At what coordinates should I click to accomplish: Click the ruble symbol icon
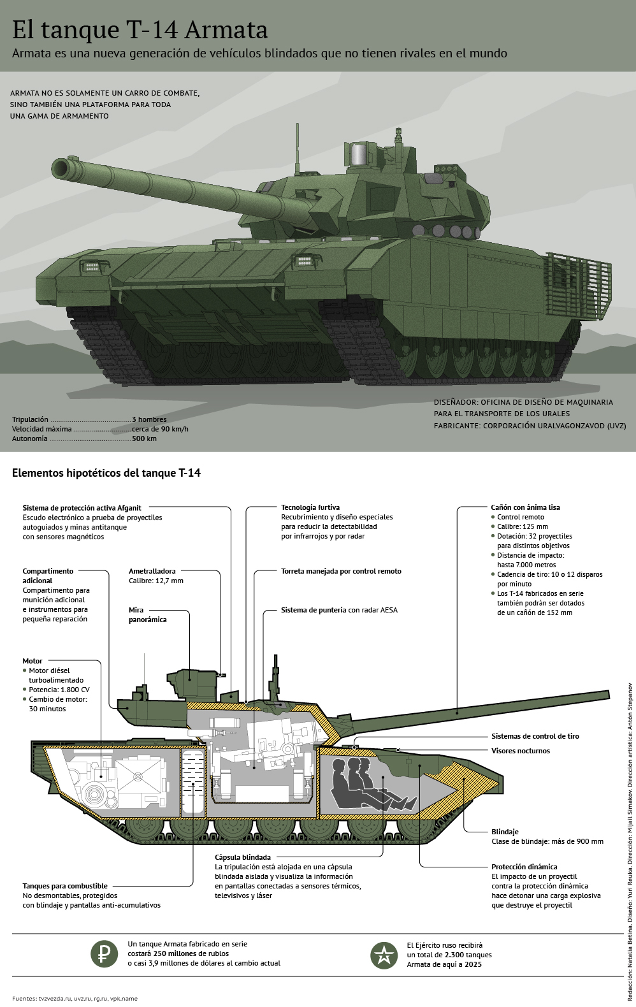coord(102,953)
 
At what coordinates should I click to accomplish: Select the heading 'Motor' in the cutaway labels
coord(33,661)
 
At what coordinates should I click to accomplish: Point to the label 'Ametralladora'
coord(152,571)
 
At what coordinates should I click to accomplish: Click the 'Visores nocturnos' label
coord(521,751)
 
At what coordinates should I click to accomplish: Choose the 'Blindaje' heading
coord(505,832)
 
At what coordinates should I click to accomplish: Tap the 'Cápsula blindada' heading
coord(243,857)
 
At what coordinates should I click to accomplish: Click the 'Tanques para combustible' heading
coord(65,886)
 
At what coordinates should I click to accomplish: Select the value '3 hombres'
coord(149,419)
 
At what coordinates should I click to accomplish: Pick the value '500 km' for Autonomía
coord(144,438)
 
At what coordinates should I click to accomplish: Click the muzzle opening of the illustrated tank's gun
coord(62,168)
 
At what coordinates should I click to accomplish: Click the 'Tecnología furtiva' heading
coord(310,507)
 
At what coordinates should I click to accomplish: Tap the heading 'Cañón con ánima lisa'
coord(526,507)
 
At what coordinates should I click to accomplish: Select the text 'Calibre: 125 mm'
coord(523,526)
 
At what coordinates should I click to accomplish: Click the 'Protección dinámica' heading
coord(524,867)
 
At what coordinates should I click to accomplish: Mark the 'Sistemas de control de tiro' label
coord(535,736)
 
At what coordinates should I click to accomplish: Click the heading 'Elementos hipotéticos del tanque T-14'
coord(106,474)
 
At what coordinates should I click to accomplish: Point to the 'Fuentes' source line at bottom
coord(75,999)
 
